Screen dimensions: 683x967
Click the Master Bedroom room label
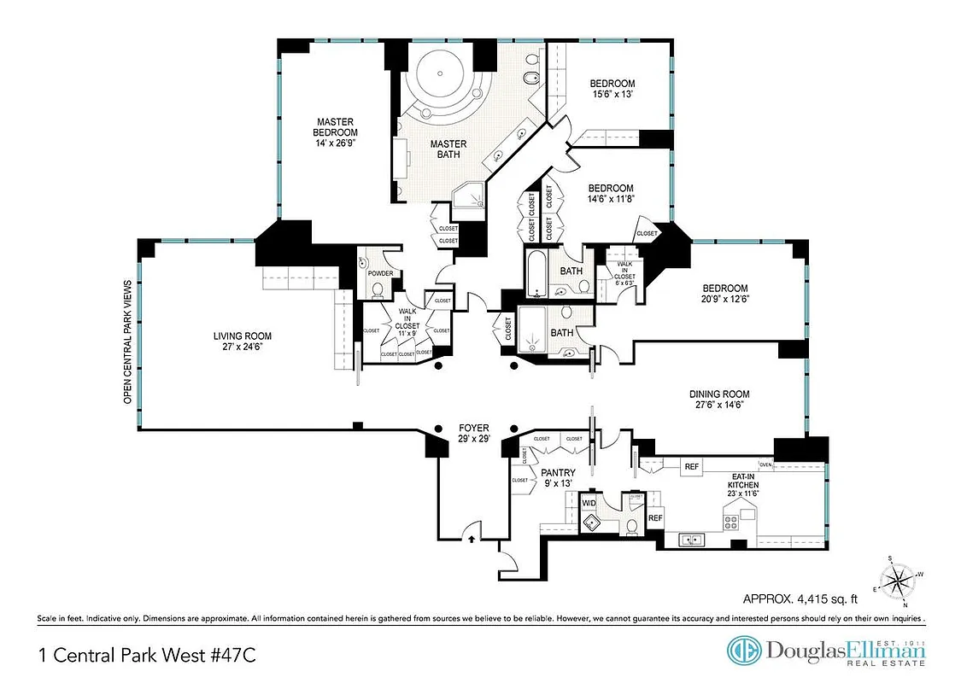pyautogui.click(x=335, y=132)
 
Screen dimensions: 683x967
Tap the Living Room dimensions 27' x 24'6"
pyautogui.click(x=242, y=347)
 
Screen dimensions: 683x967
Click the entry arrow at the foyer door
pyautogui.click(x=471, y=538)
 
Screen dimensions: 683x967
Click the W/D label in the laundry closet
pyautogui.click(x=589, y=504)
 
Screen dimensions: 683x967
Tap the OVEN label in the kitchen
pyautogui.click(x=765, y=465)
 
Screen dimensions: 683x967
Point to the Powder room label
pyautogui.click(x=380, y=273)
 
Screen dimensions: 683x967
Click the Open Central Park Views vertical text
pyautogui.click(x=127, y=341)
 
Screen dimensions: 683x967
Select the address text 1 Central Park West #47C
pyautogui.click(x=147, y=656)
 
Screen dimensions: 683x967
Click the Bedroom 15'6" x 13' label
pyautogui.click(x=612, y=89)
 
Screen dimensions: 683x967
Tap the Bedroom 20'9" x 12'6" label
pyautogui.click(x=724, y=295)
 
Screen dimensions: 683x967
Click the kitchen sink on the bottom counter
pyautogui.click(x=691, y=540)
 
